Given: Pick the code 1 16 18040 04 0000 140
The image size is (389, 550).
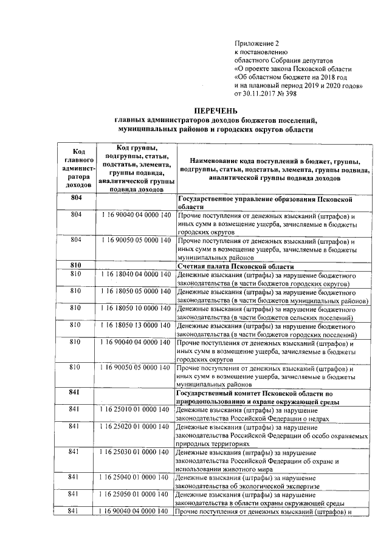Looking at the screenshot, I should point(133,275).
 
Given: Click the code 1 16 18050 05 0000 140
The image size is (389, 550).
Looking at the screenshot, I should point(133,292).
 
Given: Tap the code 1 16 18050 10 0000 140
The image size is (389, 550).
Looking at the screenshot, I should point(133,309).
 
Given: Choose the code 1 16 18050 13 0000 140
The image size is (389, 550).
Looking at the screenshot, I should point(133,326).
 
